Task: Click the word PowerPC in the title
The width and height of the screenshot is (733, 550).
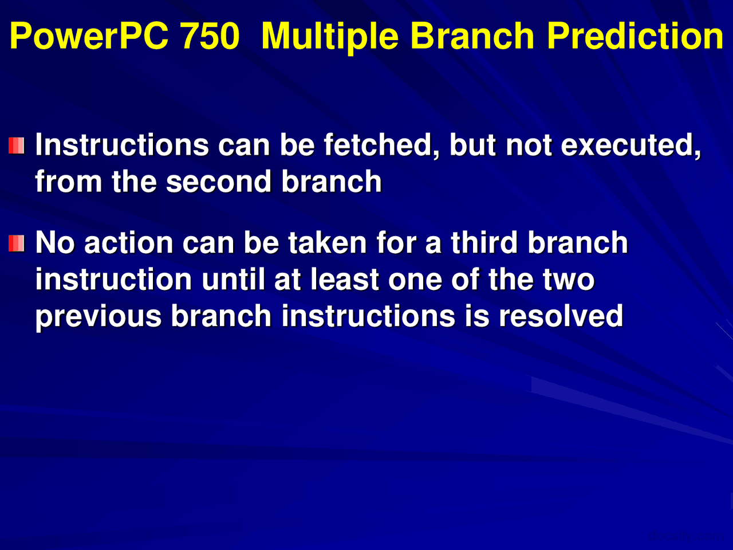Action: [x=88, y=37]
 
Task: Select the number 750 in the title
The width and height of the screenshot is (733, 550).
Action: [x=210, y=37]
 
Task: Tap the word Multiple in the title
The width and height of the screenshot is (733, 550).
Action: [x=330, y=37]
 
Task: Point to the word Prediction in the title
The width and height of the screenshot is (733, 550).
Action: [x=635, y=37]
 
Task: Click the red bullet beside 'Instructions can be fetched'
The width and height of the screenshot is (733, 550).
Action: [x=17, y=146]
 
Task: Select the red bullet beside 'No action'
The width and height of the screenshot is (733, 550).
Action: [x=17, y=244]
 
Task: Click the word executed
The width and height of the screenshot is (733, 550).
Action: [x=630, y=145]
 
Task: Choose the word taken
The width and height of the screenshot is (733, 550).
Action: [x=327, y=243]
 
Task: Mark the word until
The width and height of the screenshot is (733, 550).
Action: [x=233, y=280]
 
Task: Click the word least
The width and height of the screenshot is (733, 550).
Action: [x=345, y=280]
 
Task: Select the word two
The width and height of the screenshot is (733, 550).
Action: [x=569, y=280]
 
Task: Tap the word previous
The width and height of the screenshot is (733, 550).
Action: [x=98, y=316]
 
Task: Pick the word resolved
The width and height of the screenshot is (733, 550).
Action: [x=561, y=316]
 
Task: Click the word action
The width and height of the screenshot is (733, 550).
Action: [x=129, y=243]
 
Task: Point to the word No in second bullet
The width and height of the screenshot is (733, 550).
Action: [x=55, y=243]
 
